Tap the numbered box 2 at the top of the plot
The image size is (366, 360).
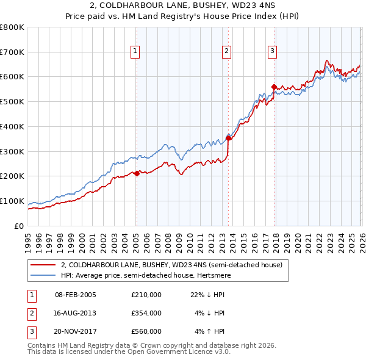226,51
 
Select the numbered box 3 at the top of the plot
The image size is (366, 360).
272,51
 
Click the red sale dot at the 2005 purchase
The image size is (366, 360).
136,174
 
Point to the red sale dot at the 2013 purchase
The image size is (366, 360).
228,138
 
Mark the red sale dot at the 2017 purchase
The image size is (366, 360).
274,87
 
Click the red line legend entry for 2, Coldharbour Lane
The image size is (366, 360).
171,265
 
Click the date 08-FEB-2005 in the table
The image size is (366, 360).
75,295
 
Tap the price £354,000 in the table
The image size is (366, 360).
146,313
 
